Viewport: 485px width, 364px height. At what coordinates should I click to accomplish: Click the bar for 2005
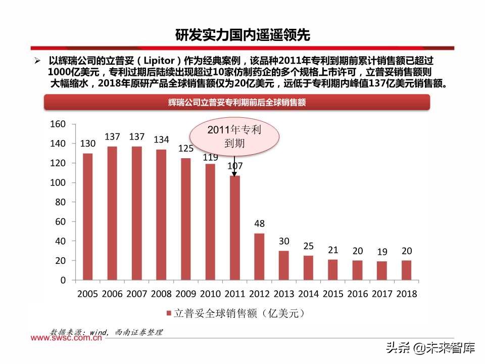click(x=88, y=216)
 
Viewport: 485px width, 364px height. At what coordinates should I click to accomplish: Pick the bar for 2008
click(x=161, y=214)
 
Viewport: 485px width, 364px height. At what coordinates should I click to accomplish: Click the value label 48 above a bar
click(x=259, y=223)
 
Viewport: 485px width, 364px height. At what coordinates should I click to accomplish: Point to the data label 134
click(x=161, y=140)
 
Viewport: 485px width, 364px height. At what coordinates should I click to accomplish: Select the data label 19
click(x=382, y=251)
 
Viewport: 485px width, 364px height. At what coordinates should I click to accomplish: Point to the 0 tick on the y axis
click(x=63, y=280)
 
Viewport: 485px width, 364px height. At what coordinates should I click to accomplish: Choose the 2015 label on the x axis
click(x=333, y=294)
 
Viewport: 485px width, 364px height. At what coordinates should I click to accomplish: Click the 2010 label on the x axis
click(x=210, y=294)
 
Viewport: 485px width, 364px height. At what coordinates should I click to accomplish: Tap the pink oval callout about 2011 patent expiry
click(x=234, y=137)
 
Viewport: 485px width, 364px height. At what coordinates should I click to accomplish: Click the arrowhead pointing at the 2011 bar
click(x=234, y=174)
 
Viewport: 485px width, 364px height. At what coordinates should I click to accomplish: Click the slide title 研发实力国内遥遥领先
click(x=243, y=35)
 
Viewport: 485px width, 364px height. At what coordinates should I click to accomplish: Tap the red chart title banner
click(x=237, y=102)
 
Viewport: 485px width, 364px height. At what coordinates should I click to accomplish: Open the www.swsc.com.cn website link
click(x=67, y=339)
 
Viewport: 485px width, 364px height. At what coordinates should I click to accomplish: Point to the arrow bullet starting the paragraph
click(x=37, y=60)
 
